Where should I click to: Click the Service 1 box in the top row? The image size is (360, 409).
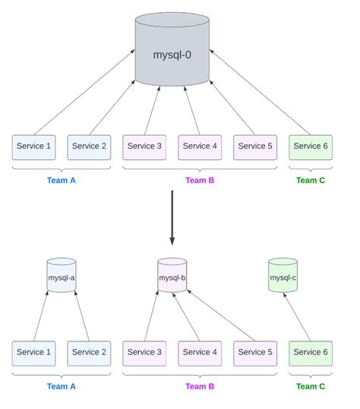tap(34, 146)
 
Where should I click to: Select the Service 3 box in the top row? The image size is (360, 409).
tap(144, 146)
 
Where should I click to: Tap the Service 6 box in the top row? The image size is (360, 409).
tap(310, 146)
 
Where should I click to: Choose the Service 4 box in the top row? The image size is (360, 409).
tap(200, 146)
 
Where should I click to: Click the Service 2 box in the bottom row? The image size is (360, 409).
tap(89, 353)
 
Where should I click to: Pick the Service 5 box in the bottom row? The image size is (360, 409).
tap(255, 353)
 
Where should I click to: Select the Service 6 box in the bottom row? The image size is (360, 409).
tap(310, 353)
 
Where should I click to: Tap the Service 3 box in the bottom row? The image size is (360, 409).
tap(144, 353)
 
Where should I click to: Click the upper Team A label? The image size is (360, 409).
tap(62, 181)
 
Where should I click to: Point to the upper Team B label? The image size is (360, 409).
tap(200, 181)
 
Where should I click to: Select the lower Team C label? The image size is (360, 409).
tap(310, 386)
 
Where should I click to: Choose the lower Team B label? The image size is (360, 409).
tap(200, 386)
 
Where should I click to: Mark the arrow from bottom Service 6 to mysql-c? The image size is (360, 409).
tap(298, 317)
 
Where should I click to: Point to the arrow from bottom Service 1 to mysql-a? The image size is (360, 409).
tap(41, 316)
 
